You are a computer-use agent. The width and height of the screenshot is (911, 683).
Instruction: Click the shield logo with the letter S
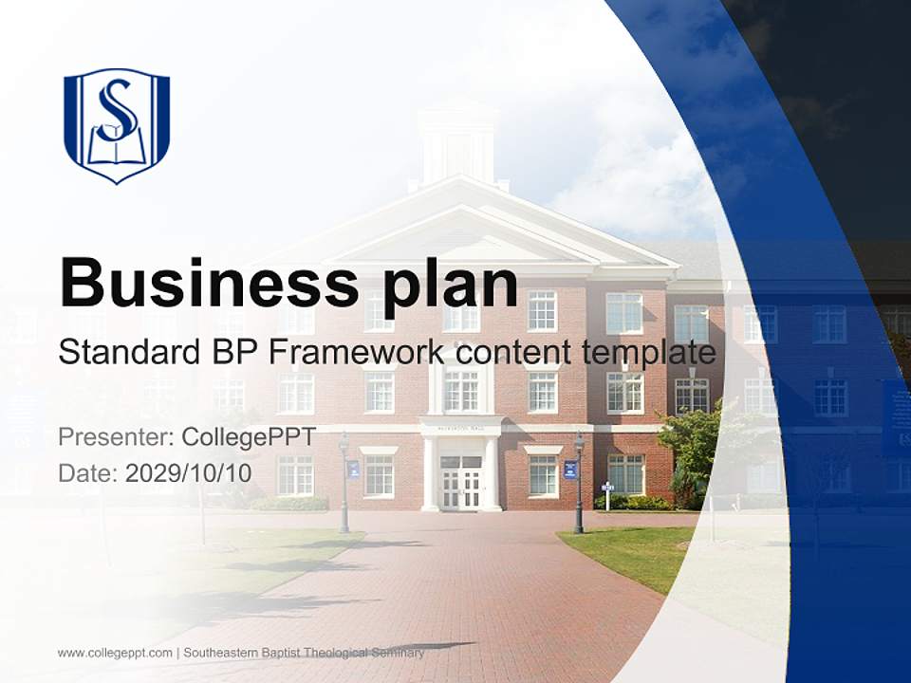(x=116, y=124)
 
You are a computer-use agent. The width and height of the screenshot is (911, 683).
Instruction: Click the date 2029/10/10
(x=188, y=472)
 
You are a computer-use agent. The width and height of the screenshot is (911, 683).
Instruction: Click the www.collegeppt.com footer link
(x=115, y=653)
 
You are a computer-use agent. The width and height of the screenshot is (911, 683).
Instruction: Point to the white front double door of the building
(x=460, y=484)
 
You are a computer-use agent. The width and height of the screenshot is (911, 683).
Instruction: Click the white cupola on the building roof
(x=458, y=142)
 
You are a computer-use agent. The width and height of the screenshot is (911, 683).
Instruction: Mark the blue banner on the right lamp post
(x=569, y=469)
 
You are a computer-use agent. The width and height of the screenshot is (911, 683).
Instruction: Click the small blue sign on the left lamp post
(x=353, y=469)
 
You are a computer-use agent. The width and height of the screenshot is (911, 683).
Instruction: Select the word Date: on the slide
(x=88, y=472)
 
